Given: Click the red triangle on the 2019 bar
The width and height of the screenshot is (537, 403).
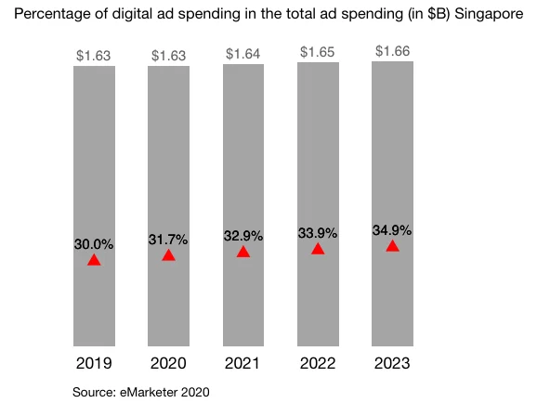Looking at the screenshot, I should click(94, 260).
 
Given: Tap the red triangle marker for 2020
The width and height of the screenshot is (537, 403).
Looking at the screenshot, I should click(168, 255).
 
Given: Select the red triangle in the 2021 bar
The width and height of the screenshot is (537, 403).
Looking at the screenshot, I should click(243, 252).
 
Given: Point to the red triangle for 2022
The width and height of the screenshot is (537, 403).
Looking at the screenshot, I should click(318, 249).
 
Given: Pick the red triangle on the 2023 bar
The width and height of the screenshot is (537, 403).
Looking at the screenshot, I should click(392, 246).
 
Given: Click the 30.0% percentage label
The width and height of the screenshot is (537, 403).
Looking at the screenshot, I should click(94, 244).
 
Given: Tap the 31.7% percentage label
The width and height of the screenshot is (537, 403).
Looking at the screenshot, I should click(168, 240).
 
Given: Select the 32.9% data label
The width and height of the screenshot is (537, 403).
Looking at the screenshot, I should click(243, 236).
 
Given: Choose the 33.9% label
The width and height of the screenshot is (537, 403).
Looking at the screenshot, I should click(318, 232).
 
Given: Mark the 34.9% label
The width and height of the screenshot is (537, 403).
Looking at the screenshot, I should click(392, 229).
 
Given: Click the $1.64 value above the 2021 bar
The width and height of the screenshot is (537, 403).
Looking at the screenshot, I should click(243, 54).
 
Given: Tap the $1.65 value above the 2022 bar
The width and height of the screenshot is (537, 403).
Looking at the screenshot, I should click(318, 52).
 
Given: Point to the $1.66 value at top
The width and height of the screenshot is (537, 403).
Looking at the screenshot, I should click(392, 50).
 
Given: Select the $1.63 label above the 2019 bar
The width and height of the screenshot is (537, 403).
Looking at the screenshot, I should click(94, 56).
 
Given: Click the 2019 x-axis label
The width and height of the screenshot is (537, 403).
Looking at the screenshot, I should click(94, 363).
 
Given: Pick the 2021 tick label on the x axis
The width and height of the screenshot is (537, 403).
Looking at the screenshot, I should click(243, 363).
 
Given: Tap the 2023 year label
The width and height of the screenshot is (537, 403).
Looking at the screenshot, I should click(392, 363).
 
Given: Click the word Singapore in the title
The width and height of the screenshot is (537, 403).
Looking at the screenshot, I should click(488, 14).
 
